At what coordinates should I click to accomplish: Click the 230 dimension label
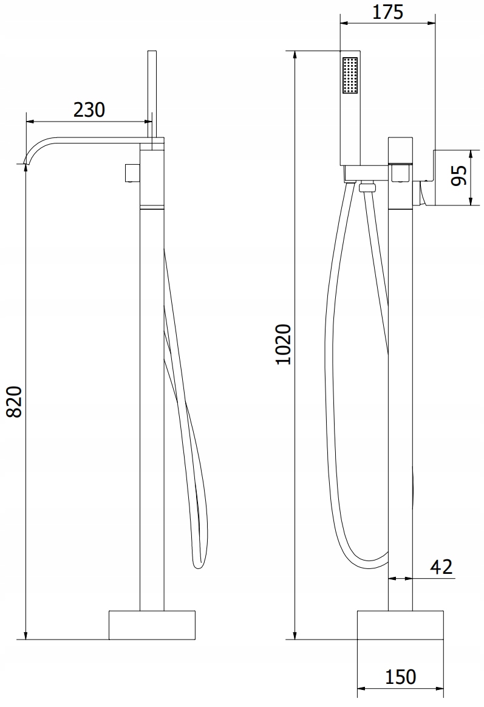(89, 109)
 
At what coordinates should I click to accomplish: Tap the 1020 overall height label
(284, 344)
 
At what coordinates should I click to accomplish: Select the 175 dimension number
(387, 12)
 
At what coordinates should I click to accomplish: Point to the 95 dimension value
(458, 176)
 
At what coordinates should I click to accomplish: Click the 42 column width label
(441, 567)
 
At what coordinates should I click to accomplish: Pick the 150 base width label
(401, 677)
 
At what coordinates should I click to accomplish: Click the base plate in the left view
(152, 625)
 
